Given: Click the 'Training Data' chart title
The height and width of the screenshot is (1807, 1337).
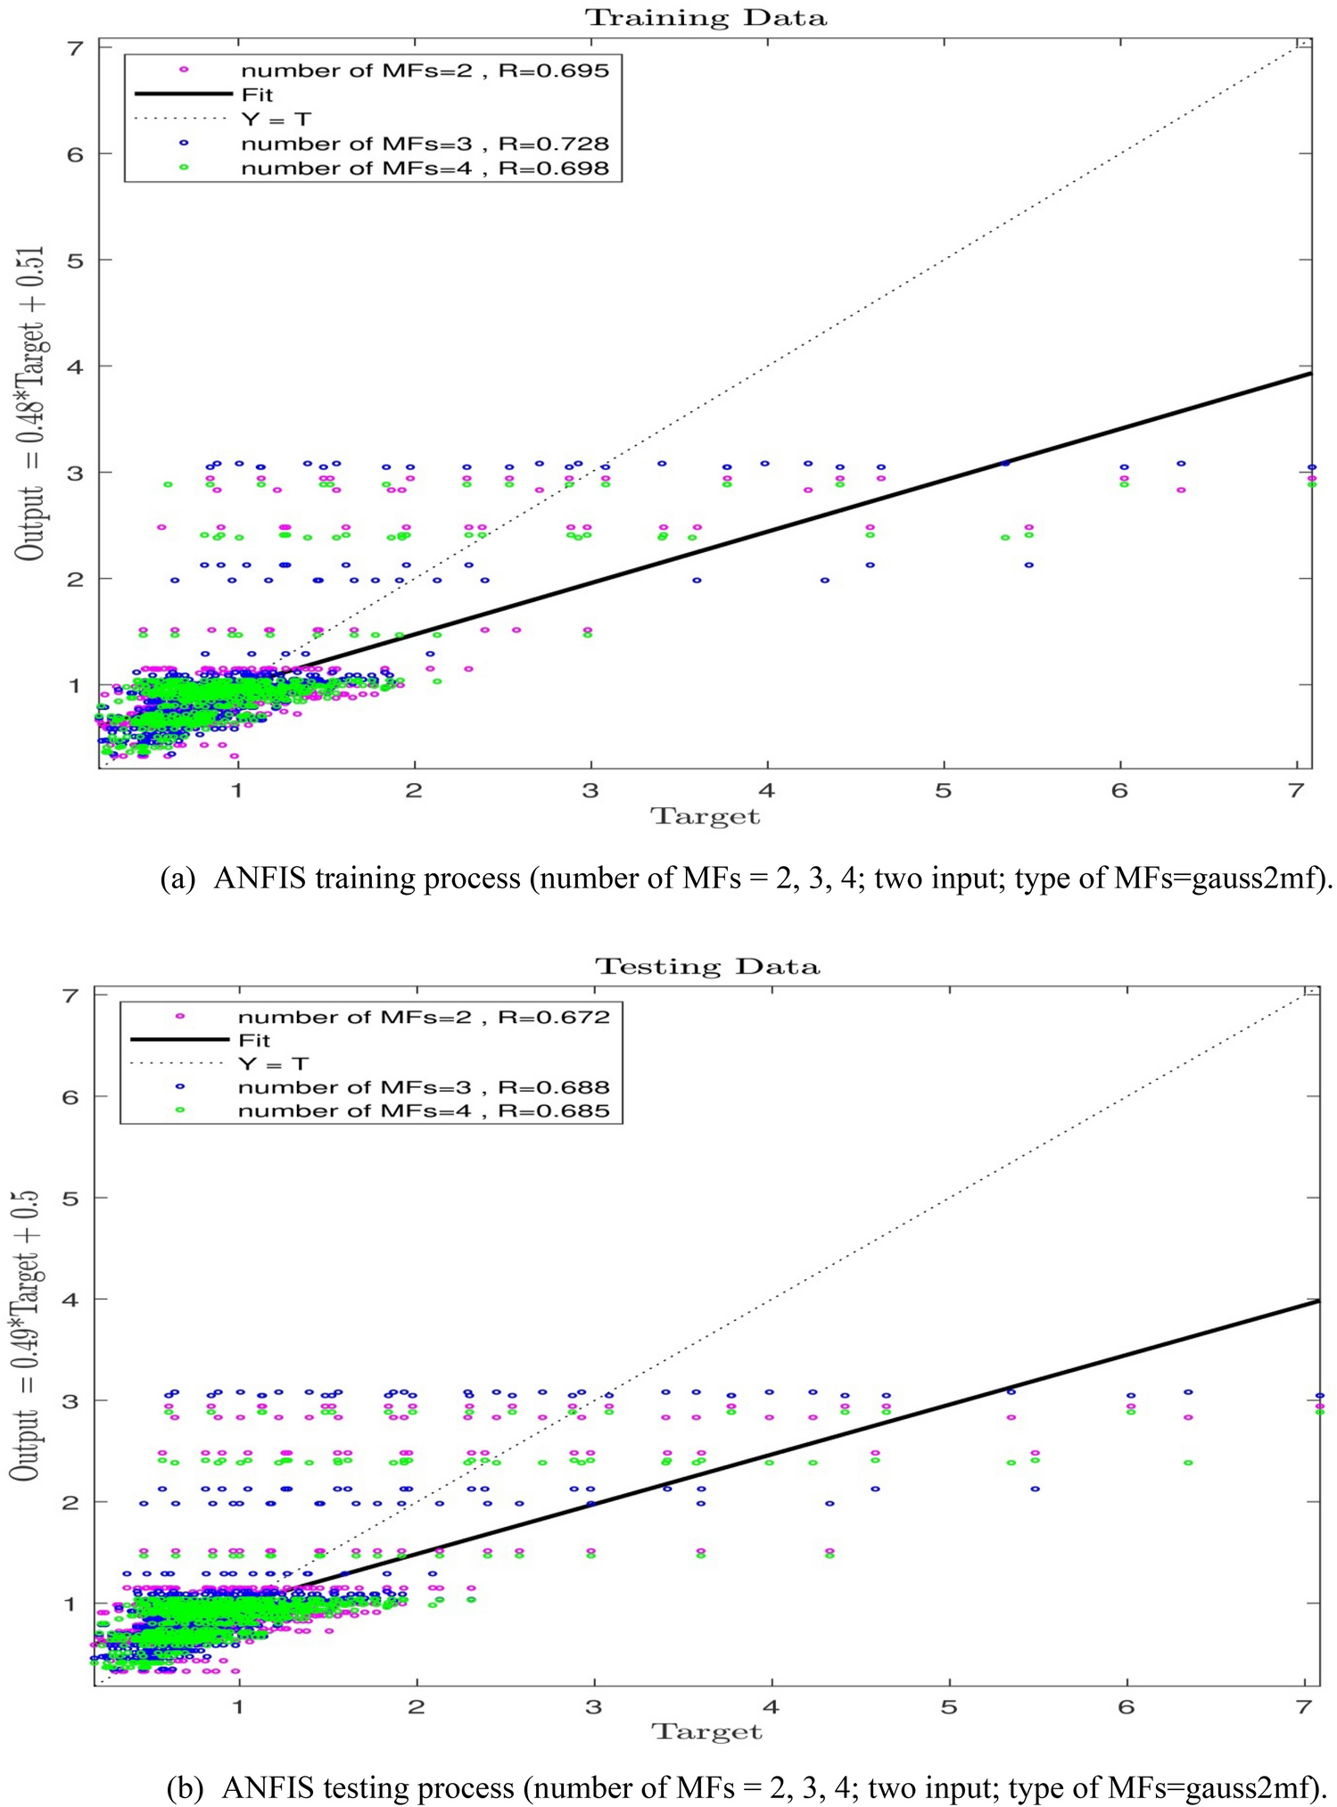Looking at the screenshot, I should [706, 18].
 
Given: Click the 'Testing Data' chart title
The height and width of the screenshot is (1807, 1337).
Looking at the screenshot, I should [707, 967].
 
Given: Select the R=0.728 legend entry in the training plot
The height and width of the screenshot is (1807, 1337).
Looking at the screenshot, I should [425, 144].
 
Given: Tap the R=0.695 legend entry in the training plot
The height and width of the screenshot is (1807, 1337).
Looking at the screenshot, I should [425, 70].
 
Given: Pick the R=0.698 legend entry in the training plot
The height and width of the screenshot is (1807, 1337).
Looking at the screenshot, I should [425, 169].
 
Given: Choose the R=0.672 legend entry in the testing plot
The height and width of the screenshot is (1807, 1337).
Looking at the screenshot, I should [424, 1017].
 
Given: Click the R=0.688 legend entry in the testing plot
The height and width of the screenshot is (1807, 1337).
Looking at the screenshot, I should [424, 1087].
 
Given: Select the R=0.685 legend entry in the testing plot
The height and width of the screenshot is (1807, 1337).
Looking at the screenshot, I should [424, 1111].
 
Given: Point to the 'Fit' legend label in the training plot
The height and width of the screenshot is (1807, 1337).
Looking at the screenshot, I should [257, 95].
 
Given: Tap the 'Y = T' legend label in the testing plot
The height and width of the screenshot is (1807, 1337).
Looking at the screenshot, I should [273, 1064].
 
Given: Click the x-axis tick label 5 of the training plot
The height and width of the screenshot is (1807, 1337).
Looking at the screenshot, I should [943, 791].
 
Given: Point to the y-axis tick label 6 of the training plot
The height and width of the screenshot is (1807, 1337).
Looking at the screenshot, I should [76, 154].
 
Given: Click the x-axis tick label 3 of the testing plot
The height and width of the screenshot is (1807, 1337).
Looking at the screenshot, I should [593, 1707].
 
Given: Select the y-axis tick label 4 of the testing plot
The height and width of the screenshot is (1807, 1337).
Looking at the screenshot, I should [71, 1300].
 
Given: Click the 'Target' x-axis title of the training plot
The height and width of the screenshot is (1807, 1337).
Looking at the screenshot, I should [706, 817].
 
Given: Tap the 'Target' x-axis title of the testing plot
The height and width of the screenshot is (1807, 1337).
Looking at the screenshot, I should [707, 1732].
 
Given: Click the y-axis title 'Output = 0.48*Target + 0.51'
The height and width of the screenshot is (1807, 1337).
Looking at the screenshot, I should [30, 403].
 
